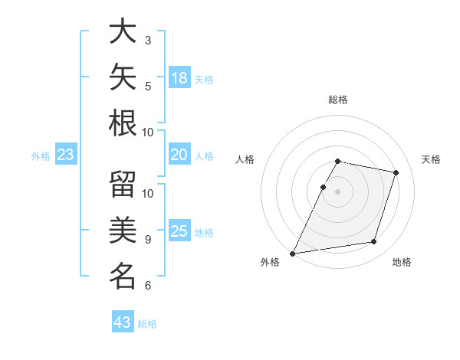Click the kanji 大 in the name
click(x=123, y=31)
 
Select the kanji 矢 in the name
click(x=123, y=77)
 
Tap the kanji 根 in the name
click(x=123, y=123)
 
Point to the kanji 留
click(x=123, y=184)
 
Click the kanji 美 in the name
click(x=123, y=230)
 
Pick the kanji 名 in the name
click(x=123, y=276)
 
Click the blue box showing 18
click(x=180, y=77)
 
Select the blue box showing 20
click(x=180, y=154)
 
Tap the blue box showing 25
click(x=180, y=230)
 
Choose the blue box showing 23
click(x=66, y=154)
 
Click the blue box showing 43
click(x=123, y=321)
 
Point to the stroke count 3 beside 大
click(x=148, y=40)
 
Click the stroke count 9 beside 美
click(x=148, y=240)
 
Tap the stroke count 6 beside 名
click(x=148, y=285)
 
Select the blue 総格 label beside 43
click(x=147, y=324)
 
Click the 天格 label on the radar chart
click(x=431, y=159)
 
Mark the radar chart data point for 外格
click(x=293, y=254)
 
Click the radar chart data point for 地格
click(x=374, y=241)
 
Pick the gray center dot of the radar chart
click(x=337, y=191)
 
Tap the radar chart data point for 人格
click(x=323, y=187)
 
